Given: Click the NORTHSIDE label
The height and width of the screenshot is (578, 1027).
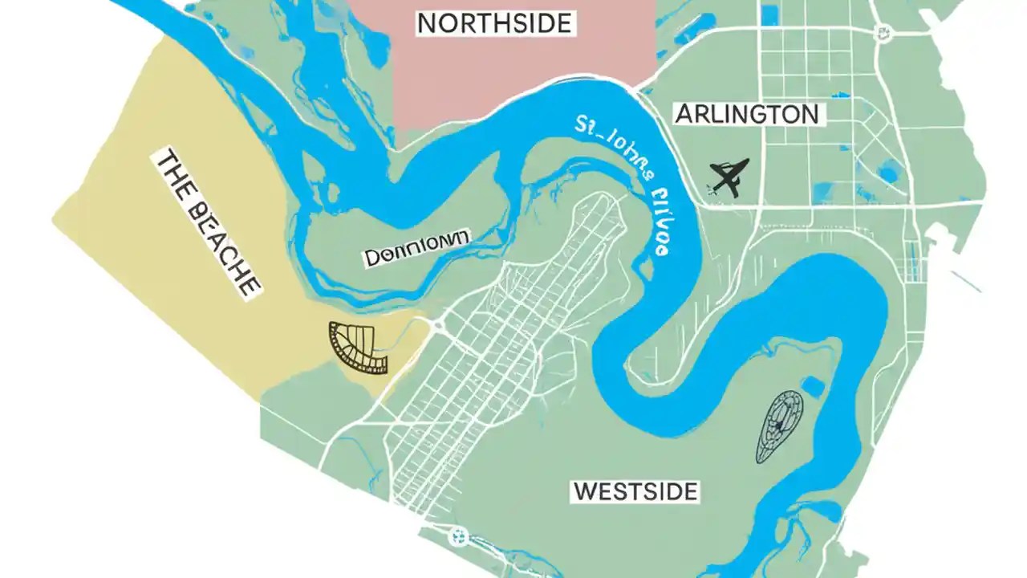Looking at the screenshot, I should (495, 23).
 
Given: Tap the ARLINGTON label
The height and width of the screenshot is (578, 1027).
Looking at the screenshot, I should (747, 114).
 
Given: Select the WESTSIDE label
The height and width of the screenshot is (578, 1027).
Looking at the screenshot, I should (635, 490).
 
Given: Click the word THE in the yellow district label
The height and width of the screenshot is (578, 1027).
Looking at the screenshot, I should (175, 172).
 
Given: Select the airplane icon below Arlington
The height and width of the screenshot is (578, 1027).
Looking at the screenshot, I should (729, 177).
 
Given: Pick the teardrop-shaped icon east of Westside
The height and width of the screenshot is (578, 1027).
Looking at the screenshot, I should (779, 425).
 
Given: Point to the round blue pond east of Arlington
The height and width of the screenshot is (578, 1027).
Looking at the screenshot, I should (889, 171).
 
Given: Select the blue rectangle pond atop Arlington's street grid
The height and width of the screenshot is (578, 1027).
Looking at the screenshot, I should (770, 14).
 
